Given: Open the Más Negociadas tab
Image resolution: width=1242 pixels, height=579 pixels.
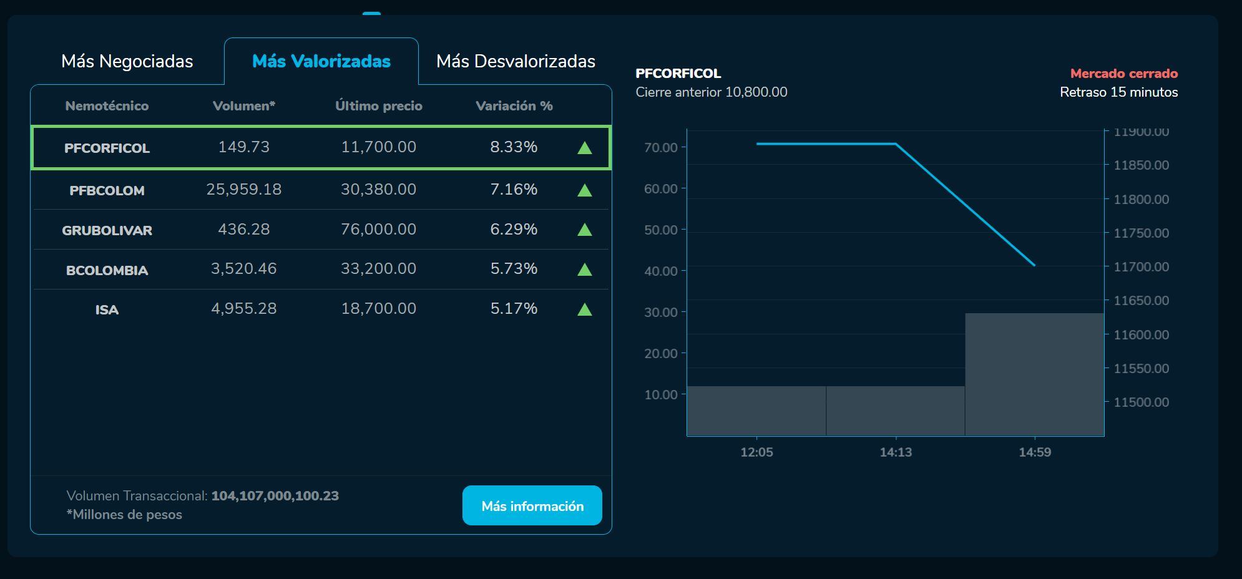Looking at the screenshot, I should click(127, 61).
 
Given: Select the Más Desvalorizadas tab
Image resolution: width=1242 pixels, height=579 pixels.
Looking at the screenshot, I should click(516, 61).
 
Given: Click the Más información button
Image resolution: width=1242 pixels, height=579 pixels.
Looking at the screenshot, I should click(532, 506).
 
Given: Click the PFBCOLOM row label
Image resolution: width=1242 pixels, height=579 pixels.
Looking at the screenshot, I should click(107, 190).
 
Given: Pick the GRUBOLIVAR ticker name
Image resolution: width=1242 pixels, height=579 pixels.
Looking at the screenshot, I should click(107, 230).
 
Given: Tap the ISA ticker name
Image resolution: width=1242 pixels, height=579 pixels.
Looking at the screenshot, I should click(107, 309).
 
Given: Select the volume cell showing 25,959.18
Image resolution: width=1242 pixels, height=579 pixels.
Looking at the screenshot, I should click(243, 189).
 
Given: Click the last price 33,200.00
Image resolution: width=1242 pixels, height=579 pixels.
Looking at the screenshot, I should click(378, 268).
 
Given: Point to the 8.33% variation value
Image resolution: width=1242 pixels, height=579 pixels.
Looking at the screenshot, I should click(514, 147).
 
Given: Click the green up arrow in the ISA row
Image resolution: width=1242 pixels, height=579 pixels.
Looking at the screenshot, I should click(584, 309).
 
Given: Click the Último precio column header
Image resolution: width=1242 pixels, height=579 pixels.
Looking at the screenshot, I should click(378, 106).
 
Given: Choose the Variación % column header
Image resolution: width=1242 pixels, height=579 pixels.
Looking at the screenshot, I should click(514, 106).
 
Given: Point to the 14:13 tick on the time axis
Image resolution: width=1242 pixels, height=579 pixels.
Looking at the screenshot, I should click(896, 452).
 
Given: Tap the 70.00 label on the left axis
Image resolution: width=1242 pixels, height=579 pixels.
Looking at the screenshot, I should click(661, 148).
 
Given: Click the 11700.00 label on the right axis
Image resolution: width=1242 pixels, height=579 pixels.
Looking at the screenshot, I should click(1141, 267).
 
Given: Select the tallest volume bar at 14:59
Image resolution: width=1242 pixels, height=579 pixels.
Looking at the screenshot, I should click(1034, 374).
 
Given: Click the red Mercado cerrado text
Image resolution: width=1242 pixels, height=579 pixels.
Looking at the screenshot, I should click(1123, 74).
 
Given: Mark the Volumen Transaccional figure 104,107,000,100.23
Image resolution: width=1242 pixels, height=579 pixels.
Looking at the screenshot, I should click(275, 496).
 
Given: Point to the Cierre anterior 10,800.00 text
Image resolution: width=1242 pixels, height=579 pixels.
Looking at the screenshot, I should click(711, 92).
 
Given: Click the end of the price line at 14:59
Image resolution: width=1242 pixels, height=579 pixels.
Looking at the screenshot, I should click(1034, 265).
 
